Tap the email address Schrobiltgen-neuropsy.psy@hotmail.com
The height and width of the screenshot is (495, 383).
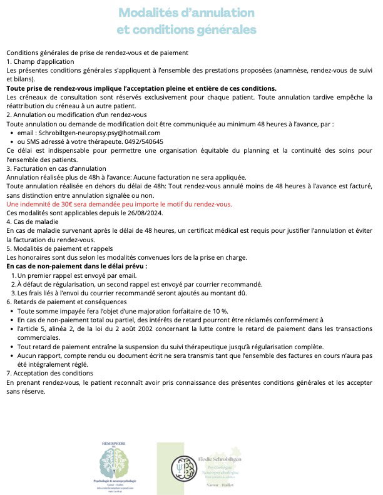(x=90, y=133)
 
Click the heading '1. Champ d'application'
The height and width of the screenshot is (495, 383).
(x=40, y=62)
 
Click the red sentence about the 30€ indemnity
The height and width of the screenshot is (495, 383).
(x=119, y=204)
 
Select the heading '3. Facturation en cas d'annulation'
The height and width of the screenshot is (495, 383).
(x=56, y=168)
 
